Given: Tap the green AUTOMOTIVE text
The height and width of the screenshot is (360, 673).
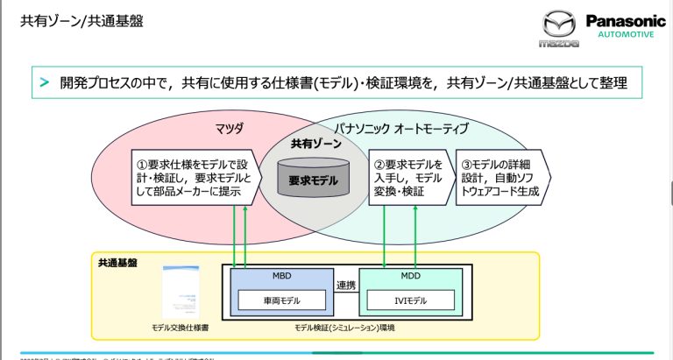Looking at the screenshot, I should (625, 35).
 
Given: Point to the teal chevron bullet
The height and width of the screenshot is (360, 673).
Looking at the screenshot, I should (43, 82).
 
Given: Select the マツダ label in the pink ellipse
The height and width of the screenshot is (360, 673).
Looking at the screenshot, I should (229, 129).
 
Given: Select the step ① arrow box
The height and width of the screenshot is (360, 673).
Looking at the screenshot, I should (195, 177).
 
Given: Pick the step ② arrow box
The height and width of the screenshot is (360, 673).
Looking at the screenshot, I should (407, 177).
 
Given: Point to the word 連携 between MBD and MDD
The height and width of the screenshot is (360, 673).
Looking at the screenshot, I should (346, 286).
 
